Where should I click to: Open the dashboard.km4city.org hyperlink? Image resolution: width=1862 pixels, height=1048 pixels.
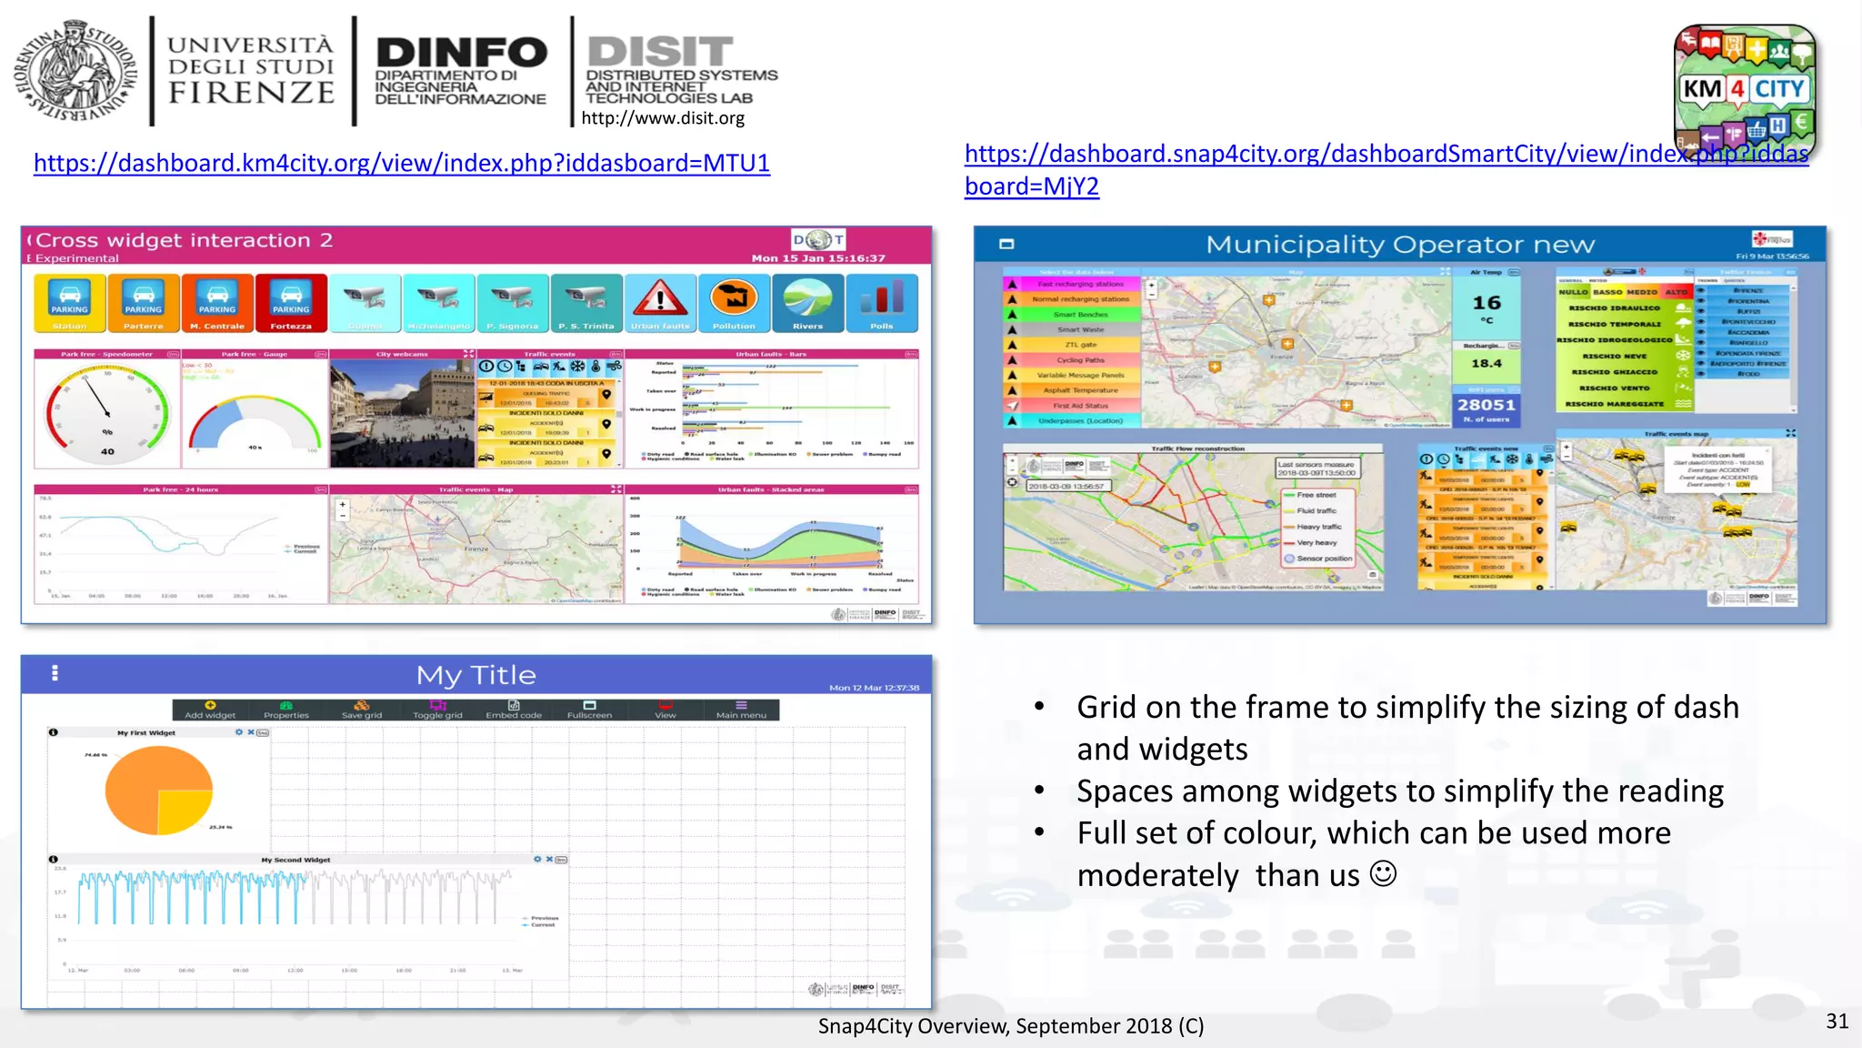click(x=401, y=163)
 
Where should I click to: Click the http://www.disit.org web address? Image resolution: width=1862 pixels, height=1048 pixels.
click(x=663, y=118)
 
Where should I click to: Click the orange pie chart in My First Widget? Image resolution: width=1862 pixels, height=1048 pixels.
click(x=159, y=790)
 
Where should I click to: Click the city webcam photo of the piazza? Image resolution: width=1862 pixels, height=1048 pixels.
click(x=402, y=414)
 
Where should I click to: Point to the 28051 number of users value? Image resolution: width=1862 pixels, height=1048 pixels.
click(x=1487, y=406)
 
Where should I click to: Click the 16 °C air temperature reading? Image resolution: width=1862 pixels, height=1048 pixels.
click(x=1487, y=306)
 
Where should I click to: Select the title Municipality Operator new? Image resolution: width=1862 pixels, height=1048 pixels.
click(x=1399, y=245)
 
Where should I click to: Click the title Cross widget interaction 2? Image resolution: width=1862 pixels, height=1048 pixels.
click(x=185, y=240)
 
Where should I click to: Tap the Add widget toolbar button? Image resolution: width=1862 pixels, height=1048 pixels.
click(x=210, y=710)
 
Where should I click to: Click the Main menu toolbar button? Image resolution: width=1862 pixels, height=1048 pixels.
click(x=741, y=710)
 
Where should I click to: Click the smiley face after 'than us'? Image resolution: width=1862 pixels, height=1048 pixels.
click(x=1383, y=874)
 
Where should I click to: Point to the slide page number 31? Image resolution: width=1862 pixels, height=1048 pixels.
click(x=1837, y=1021)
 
